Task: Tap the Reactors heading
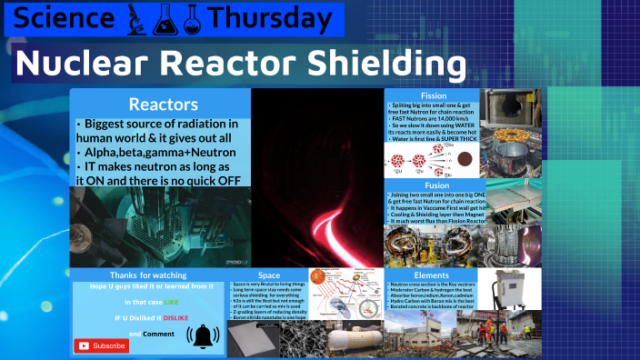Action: coord(160,104)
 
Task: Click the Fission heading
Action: coord(433,95)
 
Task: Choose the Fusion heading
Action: coord(433,185)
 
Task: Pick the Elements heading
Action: coord(431,275)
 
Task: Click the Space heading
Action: coord(269,275)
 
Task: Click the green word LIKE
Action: coord(172,301)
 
